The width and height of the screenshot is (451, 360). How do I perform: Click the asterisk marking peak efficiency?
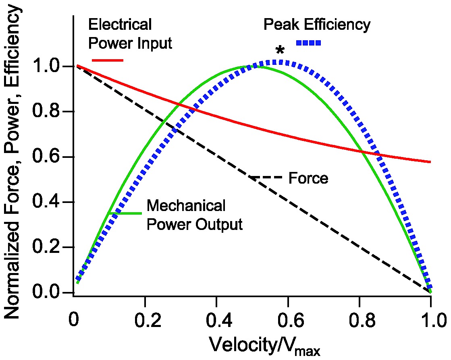coord(280,51)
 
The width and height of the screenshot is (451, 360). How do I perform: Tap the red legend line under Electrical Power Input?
coord(107,60)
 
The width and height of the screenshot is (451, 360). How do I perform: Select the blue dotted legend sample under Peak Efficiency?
coord(308,43)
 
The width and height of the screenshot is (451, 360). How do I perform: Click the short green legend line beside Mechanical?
coord(125,212)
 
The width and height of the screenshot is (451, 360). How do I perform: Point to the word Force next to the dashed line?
coord(308,178)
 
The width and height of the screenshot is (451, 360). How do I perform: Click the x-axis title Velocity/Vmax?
coord(264,346)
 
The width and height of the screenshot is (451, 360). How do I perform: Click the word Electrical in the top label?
coord(120,25)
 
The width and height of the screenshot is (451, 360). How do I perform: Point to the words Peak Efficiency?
coord(316,25)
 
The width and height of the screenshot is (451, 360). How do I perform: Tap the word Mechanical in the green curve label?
coord(186,206)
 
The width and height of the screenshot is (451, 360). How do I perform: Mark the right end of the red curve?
coord(430,162)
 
